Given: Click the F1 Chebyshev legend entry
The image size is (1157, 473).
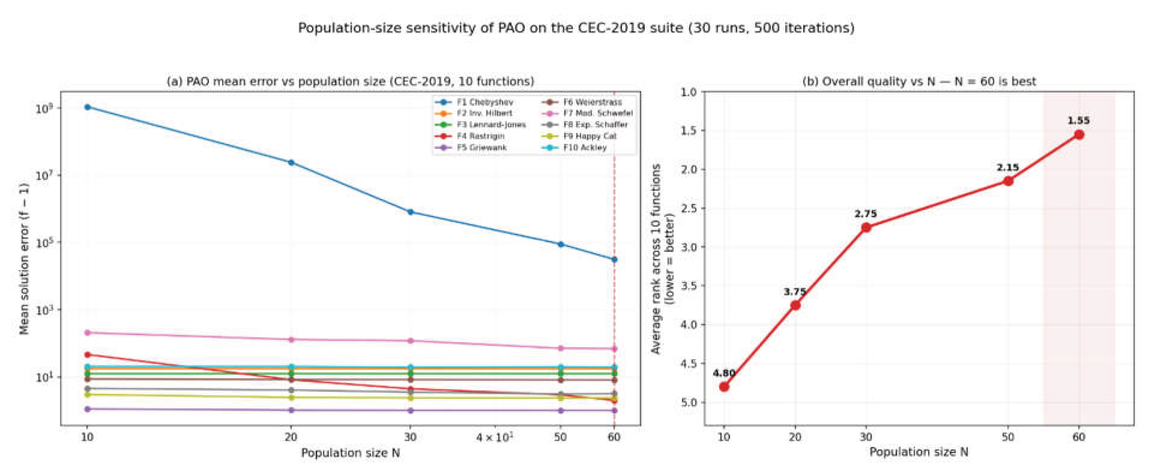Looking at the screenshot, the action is pos(474,102).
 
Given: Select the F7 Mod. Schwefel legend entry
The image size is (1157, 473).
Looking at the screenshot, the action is pos(587,113).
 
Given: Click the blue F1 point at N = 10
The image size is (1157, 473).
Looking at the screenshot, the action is pos(88,107).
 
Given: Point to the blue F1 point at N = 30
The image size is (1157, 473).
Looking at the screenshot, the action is pos(410,212).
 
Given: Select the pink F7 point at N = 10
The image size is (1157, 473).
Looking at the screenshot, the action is pos(88,333).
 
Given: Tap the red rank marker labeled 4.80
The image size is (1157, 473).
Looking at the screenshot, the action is pos(724,387).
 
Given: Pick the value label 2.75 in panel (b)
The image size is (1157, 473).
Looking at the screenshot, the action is pos(866,214).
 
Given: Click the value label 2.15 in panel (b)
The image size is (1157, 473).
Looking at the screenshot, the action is pos(1008,168).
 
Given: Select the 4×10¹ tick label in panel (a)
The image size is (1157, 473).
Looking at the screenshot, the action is pos(495,437).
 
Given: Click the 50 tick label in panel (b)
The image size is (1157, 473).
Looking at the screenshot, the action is pos(1008,437).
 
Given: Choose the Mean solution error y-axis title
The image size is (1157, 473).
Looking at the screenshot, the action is pos(24,259).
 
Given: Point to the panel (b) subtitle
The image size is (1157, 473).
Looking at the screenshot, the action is pos(919,81).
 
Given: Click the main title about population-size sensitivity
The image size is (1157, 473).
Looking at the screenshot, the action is pos(576,28).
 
